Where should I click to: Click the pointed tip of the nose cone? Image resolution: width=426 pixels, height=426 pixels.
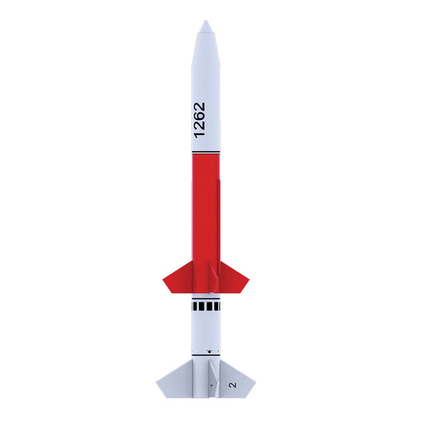(206, 20)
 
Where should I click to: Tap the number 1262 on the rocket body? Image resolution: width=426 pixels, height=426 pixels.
(199, 120)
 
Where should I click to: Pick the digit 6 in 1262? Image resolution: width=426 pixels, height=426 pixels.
(199, 116)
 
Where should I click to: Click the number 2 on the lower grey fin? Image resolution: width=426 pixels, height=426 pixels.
(233, 384)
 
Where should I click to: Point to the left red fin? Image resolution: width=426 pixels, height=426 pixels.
(178, 278)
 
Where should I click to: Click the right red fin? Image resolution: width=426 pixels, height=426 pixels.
(233, 278)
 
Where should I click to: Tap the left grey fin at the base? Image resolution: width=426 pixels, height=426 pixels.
(175, 380)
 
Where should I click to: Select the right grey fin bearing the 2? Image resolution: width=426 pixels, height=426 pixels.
(237, 380)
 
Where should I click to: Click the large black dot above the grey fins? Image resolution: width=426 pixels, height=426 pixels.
(209, 352)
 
